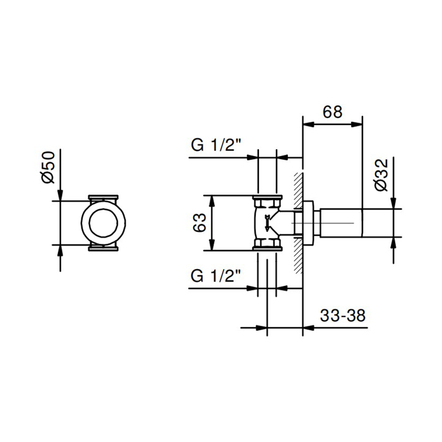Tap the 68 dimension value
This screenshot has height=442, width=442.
pyautogui.click(x=333, y=112)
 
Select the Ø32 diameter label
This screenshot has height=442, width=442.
pyautogui.click(x=381, y=176)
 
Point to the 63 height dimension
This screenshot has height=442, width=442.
pyautogui.click(x=200, y=223)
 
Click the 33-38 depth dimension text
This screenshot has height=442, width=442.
pyautogui.click(x=343, y=316)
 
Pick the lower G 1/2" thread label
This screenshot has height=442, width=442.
pyautogui.click(x=216, y=276)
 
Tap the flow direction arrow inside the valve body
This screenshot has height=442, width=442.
pyautogui.click(x=267, y=223)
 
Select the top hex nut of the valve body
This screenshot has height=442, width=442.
pyautogui.click(x=267, y=202)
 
